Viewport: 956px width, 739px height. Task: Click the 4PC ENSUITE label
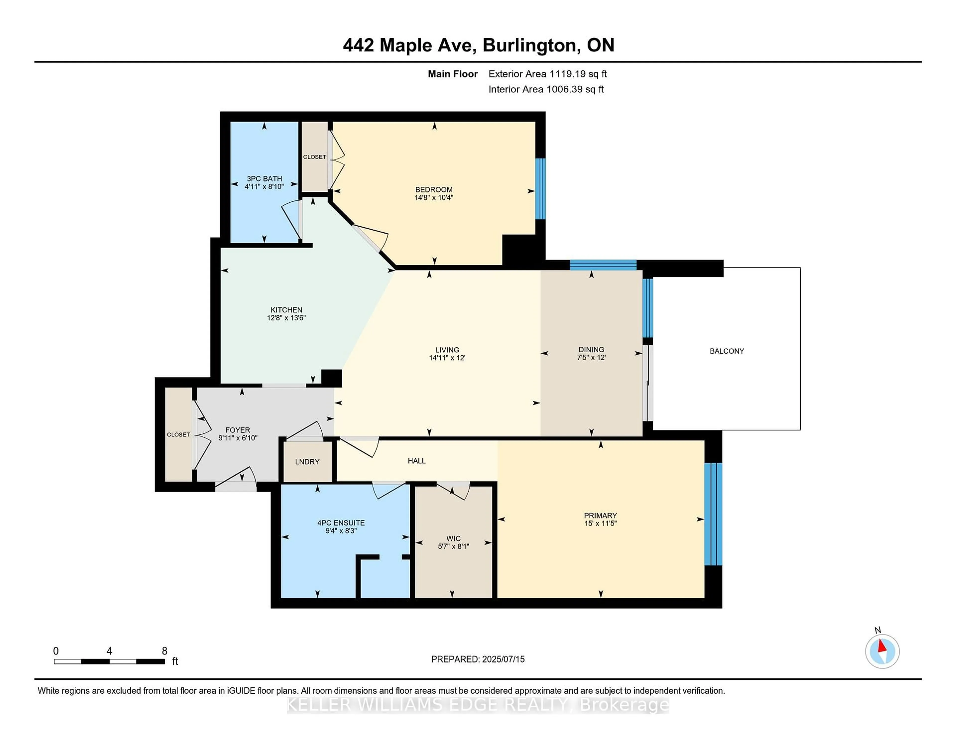341,523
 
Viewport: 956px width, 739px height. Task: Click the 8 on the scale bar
165,651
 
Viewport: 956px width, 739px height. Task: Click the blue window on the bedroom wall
540,189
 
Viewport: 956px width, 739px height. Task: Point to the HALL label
417,461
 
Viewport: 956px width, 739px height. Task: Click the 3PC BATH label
264,179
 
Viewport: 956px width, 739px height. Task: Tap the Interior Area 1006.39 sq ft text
546,89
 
